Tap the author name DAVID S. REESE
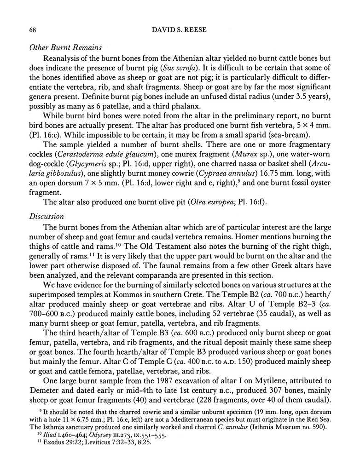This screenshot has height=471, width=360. [180, 30]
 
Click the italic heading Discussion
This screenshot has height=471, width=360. [46, 216]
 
